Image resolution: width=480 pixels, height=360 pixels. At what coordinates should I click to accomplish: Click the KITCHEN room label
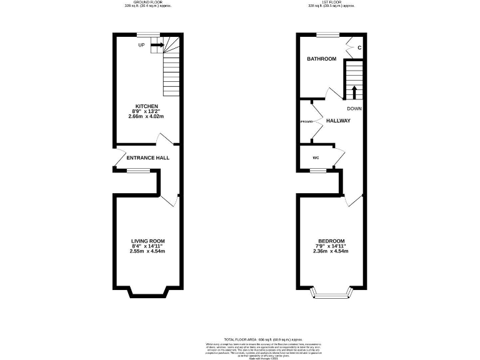(147, 106)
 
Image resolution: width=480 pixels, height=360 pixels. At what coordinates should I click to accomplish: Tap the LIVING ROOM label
(147, 241)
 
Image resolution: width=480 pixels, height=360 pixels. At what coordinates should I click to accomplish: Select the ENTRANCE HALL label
(148, 158)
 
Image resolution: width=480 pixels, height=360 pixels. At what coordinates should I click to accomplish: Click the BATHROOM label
(321, 59)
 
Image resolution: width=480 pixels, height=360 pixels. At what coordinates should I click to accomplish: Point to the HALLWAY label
(338, 121)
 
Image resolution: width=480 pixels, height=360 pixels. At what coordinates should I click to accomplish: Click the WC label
(316, 157)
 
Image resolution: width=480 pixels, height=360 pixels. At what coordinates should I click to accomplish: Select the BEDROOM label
(331, 241)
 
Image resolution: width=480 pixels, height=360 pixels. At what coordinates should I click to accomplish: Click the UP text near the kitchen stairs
(142, 45)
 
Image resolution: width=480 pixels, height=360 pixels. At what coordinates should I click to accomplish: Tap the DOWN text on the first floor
(354, 108)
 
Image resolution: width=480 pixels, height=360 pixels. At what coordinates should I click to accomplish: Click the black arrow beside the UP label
(157, 45)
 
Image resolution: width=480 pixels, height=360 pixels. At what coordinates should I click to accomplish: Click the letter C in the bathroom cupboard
(359, 47)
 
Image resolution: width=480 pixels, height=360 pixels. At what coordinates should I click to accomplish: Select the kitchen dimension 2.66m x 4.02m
(147, 116)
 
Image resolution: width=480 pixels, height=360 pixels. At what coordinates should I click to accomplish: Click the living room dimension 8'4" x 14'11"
(147, 246)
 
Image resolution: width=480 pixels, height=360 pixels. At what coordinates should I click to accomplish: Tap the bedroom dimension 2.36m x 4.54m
(331, 251)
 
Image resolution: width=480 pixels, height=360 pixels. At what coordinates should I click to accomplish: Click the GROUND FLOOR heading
(147, 2)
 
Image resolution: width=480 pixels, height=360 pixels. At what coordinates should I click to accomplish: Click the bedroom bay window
(331, 294)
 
